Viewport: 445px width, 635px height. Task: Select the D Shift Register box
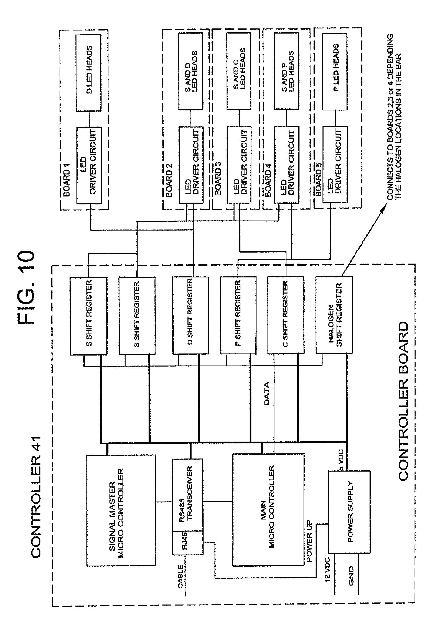tap(190, 315)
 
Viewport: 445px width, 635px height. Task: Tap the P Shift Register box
tap(238, 315)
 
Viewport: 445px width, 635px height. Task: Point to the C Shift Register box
tap(286, 315)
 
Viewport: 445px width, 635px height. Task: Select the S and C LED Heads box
tap(239, 71)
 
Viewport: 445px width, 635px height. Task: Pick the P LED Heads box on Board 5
tap(335, 71)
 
